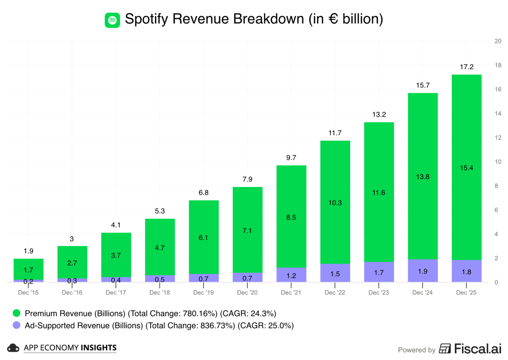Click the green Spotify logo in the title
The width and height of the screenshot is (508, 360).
112,20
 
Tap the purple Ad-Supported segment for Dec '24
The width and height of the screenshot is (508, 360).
423,271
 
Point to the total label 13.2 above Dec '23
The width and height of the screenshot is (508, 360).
379,114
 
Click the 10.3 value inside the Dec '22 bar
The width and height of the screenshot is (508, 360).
335,203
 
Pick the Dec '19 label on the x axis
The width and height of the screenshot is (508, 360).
203,293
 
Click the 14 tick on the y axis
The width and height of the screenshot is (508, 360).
498,113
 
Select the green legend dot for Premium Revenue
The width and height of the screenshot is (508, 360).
16,313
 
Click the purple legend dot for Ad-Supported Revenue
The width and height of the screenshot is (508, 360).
16,325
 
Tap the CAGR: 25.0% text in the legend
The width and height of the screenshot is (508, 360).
266,325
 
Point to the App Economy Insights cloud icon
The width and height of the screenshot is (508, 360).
13,348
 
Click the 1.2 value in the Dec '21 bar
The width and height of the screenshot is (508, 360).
291,276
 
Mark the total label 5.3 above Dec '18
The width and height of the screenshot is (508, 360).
160,211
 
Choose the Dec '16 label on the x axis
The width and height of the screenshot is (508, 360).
72,293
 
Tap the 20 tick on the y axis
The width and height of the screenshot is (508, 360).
498,41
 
